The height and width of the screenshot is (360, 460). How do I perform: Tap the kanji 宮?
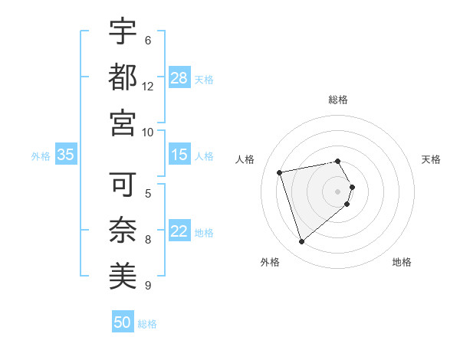pos(123,122)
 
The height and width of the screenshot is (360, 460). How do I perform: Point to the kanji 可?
pos(123,184)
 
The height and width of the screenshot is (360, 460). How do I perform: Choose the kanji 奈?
pos(123,229)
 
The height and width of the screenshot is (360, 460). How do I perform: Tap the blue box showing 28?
pos(179,77)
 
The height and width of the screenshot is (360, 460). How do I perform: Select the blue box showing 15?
pos(179,155)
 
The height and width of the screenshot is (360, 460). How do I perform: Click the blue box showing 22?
pos(179,231)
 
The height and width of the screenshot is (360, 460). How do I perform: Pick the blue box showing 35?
pos(66,155)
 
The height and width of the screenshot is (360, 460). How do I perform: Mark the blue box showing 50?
pos(123,322)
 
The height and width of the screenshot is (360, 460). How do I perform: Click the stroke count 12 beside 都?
pos(148,86)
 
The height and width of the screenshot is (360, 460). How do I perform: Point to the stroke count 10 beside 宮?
pos(148,132)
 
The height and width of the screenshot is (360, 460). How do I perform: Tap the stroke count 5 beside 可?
pos(148,193)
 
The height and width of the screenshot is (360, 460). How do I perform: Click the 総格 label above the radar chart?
pos(338,100)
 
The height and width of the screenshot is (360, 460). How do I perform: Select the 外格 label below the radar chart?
pos(270,262)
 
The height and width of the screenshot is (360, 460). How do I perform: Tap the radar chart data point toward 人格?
pos(280,172)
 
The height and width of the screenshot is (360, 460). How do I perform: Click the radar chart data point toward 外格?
pos(302,242)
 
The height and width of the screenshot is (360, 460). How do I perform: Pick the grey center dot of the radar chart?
pos(338,191)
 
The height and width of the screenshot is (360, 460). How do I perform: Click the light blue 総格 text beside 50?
pos(147,324)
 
